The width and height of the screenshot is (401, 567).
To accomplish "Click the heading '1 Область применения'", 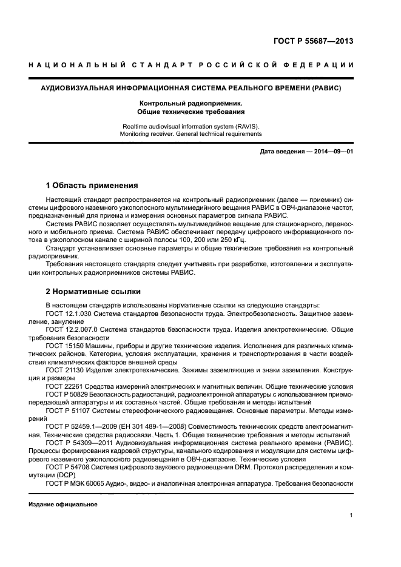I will coord(92,185).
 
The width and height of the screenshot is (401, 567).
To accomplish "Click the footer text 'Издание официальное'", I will coord(63,505).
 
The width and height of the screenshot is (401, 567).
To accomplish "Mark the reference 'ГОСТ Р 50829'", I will coord(69,394).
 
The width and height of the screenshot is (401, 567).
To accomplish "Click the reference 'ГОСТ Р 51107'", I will coord(69,411).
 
